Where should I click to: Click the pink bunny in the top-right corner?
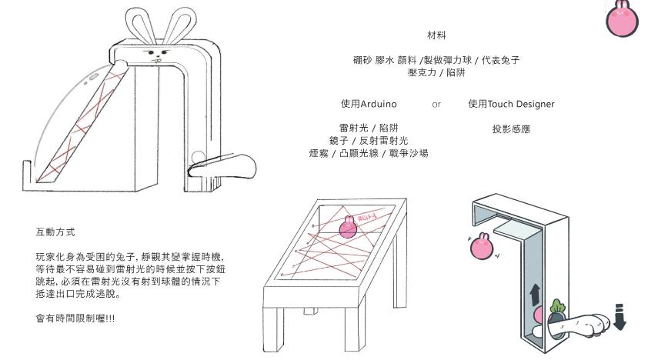623,18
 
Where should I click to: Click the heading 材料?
436,35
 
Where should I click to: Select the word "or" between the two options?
436,104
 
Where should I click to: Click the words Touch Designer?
521,104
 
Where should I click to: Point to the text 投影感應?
511,129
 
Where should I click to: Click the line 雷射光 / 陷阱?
369,128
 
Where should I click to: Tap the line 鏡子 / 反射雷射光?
369,140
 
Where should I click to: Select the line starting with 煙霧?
369,153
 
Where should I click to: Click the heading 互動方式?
55,232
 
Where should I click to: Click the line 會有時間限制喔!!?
75,318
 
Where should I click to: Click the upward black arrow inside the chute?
536,293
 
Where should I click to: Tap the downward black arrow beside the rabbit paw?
620,316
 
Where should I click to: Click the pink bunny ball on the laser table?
349,228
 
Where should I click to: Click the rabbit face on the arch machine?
159,57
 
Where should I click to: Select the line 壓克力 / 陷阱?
436,72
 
